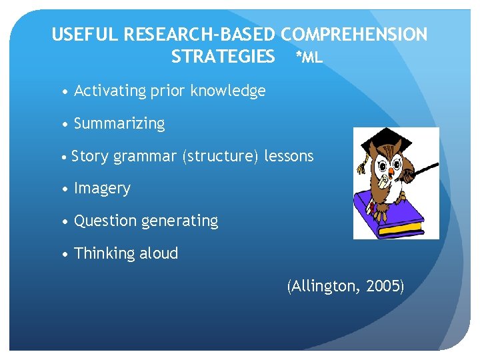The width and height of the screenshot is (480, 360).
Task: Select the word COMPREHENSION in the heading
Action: click(x=354, y=35)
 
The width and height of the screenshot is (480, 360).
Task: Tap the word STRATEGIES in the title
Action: click(x=223, y=57)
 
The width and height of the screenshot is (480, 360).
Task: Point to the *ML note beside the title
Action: click(x=309, y=58)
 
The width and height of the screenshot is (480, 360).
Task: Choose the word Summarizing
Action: click(x=119, y=123)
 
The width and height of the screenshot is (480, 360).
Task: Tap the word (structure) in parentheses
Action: click(x=217, y=156)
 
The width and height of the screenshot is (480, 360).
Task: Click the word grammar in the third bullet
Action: click(x=141, y=156)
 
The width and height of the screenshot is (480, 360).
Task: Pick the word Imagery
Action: click(x=102, y=189)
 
